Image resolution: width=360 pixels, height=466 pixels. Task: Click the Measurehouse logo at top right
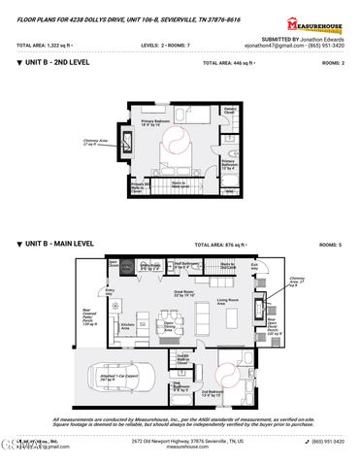(320, 22)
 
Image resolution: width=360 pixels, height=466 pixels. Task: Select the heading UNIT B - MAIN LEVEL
(56, 245)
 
